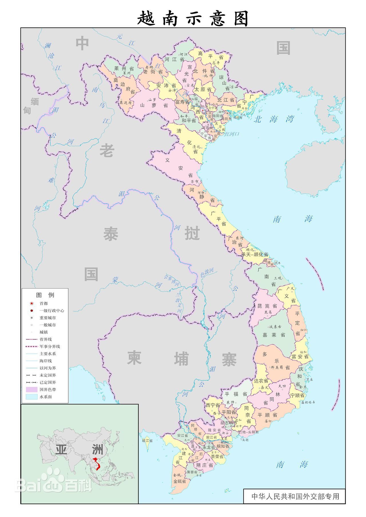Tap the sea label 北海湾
[x=274, y=119]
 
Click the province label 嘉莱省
[x=274, y=335]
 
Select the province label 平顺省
[x=267, y=414]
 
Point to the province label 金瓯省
[x=180, y=481]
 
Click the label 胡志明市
[x=229, y=423]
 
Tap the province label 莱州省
[x=124, y=69]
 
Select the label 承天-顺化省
[x=255, y=254]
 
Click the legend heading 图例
[x=45, y=295]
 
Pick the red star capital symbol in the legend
[x=31, y=303]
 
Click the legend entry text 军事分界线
[x=50, y=346]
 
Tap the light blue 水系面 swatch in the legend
[x=31, y=397]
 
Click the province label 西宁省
[x=213, y=405]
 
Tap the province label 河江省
[x=174, y=59]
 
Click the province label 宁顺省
[x=297, y=395]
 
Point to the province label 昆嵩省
[x=267, y=306]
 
